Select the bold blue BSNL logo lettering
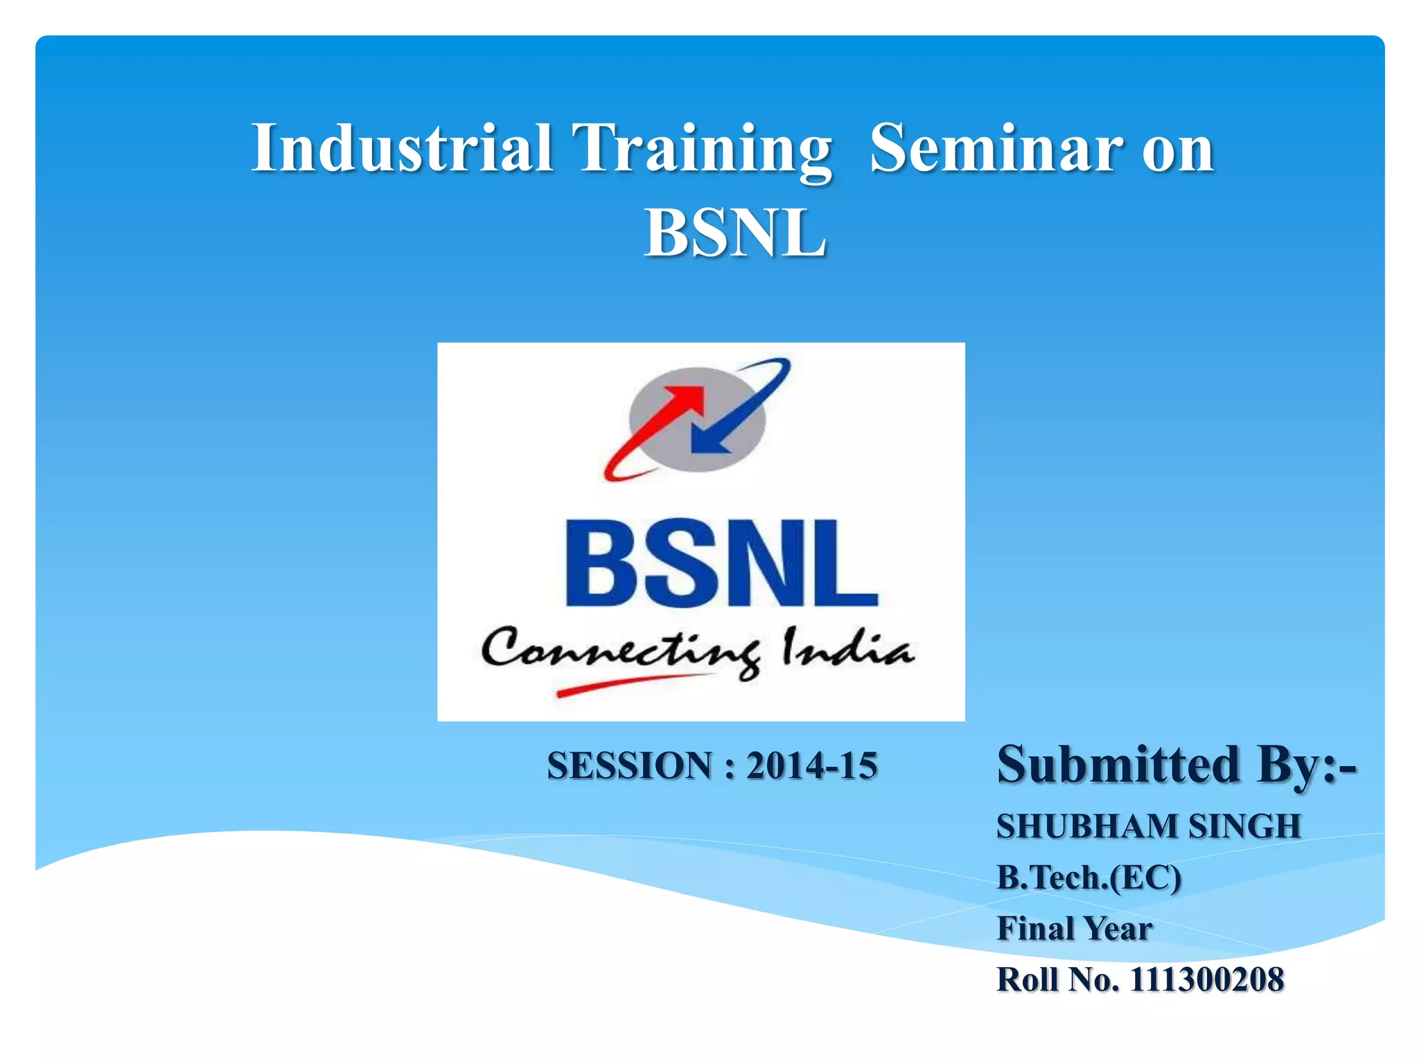721,565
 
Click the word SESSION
629,766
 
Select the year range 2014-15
811,766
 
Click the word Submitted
1118,765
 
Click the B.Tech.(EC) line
1089,878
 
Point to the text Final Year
1075,929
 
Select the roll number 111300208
1207,980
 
